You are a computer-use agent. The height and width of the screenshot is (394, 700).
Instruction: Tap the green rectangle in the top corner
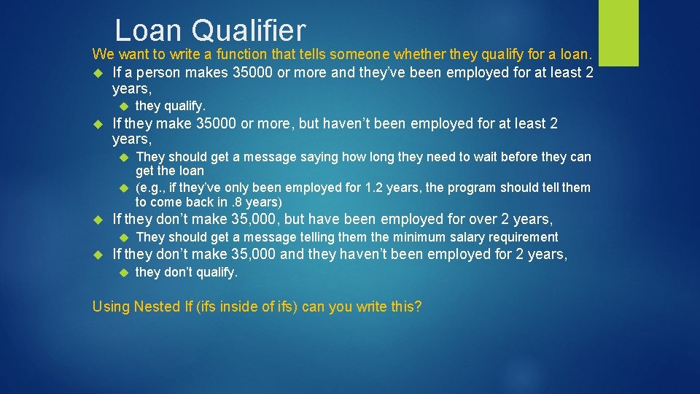(x=618, y=32)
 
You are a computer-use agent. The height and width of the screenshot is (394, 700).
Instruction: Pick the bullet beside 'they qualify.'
(x=121, y=106)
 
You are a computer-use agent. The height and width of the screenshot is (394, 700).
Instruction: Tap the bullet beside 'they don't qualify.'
(x=121, y=273)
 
